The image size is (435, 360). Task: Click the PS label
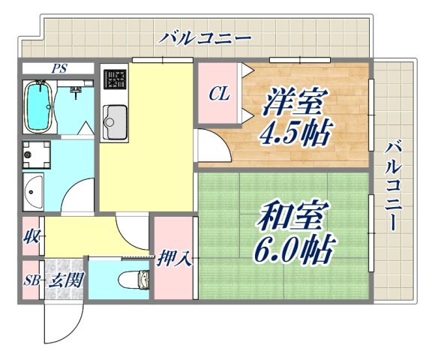(x=58, y=68)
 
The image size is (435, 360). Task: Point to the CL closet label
(x=218, y=94)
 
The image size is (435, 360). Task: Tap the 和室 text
(x=292, y=217)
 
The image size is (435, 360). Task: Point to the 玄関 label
(x=65, y=281)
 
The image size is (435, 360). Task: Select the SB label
(x=31, y=281)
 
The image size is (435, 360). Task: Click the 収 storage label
(x=31, y=238)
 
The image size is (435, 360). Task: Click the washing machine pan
(x=35, y=154)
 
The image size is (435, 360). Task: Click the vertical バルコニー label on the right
(x=395, y=184)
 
